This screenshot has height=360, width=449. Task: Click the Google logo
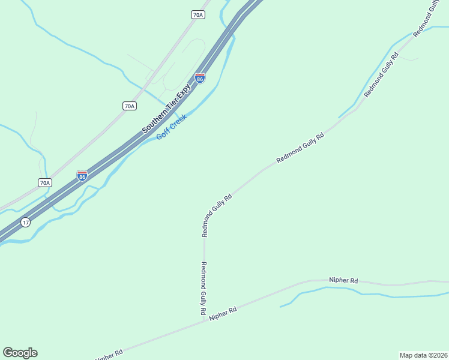point(20,353)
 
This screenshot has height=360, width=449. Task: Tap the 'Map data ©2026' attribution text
point(423,355)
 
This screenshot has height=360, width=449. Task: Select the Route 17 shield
point(25,223)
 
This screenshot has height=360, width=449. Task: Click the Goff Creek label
point(172,127)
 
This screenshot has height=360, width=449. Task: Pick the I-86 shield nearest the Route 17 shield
point(82,176)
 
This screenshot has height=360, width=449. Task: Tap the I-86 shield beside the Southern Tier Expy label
point(200,78)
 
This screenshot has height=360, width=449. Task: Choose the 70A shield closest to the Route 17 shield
point(44,182)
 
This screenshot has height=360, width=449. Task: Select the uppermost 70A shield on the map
point(198,14)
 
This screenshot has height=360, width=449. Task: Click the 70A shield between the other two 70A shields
point(129,106)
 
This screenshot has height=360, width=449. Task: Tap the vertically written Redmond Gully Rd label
point(204,289)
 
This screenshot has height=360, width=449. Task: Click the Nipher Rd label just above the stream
point(343,280)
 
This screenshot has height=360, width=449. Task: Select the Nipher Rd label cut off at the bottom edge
point(110,354)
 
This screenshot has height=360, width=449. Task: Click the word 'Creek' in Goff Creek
point(178,122)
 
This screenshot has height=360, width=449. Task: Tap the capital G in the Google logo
point(8,353)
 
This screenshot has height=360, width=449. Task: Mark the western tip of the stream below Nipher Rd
point(280,307)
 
